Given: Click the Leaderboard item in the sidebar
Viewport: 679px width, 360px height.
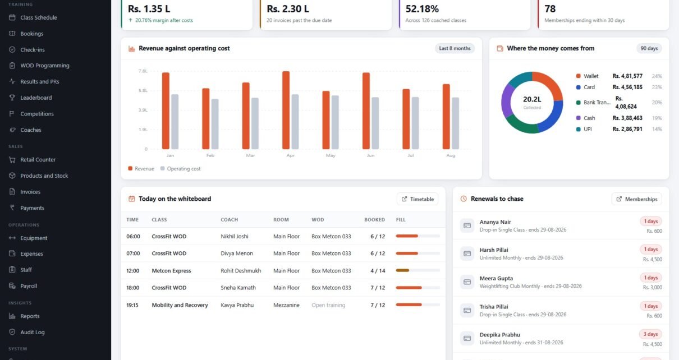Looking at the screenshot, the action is click(36, 98).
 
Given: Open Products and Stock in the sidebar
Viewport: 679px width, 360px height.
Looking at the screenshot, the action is click(44, 176).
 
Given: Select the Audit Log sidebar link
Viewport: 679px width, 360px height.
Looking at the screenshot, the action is click(32, 332).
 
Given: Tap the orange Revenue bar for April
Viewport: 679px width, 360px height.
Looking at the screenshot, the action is click(286, 110).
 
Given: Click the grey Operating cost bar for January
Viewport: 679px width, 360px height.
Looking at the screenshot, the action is click(175, 122).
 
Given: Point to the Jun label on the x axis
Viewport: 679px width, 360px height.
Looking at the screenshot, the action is click(370, 155).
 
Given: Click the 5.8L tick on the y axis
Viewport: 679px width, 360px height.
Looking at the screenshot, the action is click(143, 91).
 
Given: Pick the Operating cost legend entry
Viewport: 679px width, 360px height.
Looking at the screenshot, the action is click(180, 168).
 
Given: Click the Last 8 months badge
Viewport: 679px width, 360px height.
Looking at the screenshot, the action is click(455, 48).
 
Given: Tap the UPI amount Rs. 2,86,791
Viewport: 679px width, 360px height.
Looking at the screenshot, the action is click(627, 129).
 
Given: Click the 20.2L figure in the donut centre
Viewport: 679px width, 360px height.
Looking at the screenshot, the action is click(532, 99).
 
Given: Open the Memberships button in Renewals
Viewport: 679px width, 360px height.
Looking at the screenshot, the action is click(636, 199).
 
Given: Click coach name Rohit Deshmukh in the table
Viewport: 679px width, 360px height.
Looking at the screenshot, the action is click(241, 271).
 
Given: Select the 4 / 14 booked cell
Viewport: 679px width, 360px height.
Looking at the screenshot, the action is click(378, 271).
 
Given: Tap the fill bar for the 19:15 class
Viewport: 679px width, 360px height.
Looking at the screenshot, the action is click(418, 304).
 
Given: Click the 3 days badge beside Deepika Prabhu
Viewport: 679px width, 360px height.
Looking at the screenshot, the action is click(650, 334).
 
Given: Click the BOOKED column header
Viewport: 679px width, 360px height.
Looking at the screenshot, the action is click(374, 220).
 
